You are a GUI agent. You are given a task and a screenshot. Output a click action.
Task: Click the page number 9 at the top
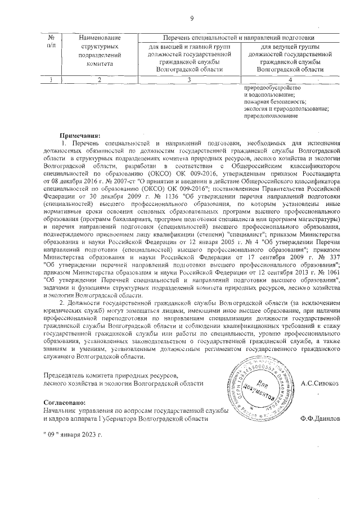(x=191, y=19)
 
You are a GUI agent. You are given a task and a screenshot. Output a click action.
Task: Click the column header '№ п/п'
(x=52, y=40)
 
